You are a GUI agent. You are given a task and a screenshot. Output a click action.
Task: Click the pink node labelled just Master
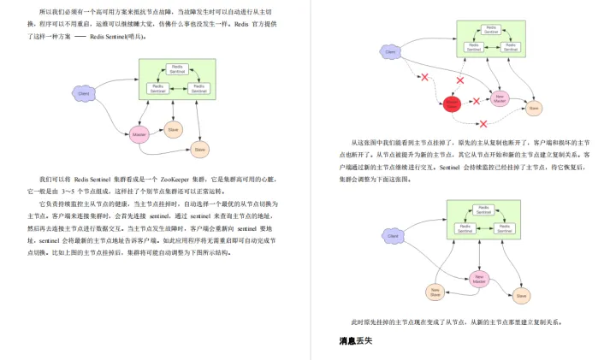pyautogui.click(x=139, y=133)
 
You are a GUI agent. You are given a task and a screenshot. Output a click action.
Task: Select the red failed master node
pyautogui.click(x=452, y=103)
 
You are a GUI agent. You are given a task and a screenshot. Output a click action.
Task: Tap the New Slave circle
pyautogui.click(x=436, y=292)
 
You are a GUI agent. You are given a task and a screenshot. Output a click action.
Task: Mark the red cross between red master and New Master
pyautogui.click(x=477, y=101)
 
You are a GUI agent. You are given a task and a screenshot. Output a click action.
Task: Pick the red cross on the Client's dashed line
pyautogui.click(x=424, y=78)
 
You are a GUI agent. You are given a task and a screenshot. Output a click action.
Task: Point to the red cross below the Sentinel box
pyautogui.click(x=461, y=80)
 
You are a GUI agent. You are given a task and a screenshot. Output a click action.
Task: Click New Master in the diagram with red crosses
pyautogui.click(x=500, y=98)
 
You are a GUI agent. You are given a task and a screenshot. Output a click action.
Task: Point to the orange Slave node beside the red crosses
pyautogui.click(x=534, y=109)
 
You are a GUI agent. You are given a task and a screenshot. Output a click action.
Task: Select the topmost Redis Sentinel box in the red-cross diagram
pyautogui.click(x=491, y=29)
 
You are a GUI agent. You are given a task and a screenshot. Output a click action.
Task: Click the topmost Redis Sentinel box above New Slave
pyautogui.click(x=484, y=210)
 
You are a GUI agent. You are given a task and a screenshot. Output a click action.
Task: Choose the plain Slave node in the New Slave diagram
pyautogui.click(x=520, y=296)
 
